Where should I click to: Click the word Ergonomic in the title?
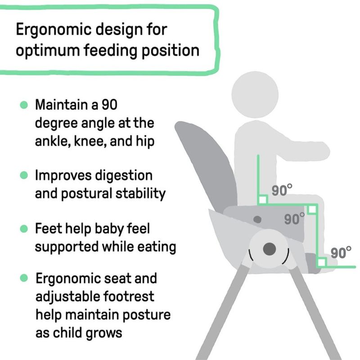coord(54,30)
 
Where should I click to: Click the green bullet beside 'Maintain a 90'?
coord(24,105)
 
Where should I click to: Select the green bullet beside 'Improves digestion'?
coord(24,175)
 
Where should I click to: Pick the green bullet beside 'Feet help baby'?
coord(24,229)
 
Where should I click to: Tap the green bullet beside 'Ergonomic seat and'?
coord(24,278)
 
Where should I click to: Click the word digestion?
coord(123,176)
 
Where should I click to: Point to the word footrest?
coord(129,297)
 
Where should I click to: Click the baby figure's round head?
coord(255,94)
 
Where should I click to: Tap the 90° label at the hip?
coord(282,190)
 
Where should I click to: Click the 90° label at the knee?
coord(294,219)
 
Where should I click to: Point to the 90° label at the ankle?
coord(341,253)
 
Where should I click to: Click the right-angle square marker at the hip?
coord(263,199)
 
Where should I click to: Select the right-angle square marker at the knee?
coord(312,209)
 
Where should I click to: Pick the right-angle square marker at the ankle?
coord(321,262)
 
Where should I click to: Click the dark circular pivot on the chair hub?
coord(269,249)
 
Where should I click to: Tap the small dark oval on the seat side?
coord(257,220)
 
